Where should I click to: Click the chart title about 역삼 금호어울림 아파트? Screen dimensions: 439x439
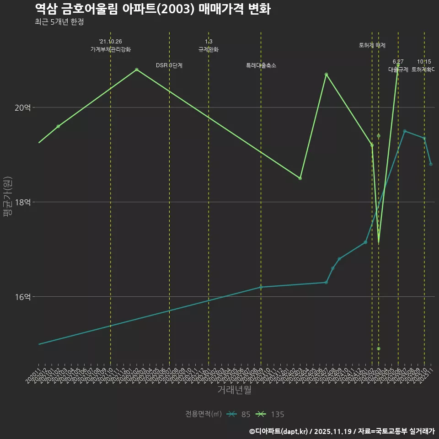coord(152,9)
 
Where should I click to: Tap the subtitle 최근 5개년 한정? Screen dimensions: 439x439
coord(59,22)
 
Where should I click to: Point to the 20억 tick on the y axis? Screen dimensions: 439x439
coord(23,107)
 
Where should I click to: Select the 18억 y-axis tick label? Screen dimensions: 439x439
coord(23,202)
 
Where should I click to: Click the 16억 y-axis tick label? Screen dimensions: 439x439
coord(23,297)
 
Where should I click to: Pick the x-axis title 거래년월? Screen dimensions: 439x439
coord(234,390)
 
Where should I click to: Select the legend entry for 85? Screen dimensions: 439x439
coord(239,414)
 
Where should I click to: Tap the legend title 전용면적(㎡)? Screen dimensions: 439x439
coord(203,414)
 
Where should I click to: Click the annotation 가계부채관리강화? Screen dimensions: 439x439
coord(111,49)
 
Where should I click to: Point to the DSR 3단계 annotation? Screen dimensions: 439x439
coord(169,65)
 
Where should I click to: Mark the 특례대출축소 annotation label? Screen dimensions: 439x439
coord(261,65)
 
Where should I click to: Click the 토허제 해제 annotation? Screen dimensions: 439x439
coord(372,45)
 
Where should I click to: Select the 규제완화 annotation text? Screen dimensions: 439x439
coord(209,49)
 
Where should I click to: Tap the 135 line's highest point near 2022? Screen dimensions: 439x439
coord(137,70)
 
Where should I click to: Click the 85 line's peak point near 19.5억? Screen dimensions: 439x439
coord(405,131)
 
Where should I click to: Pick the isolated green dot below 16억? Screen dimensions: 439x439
coord(379,349)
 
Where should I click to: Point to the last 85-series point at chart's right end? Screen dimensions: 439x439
coord(431,164)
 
